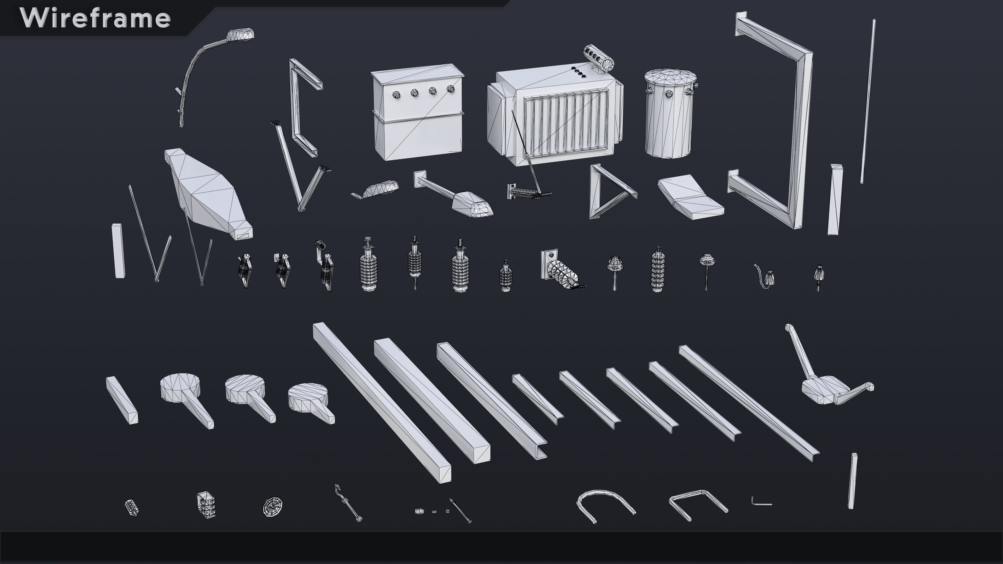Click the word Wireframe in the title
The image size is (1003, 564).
[x=95, y=18]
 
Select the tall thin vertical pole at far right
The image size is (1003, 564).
[x=867, y=101]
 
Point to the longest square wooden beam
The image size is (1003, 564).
[x=382, y=403]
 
